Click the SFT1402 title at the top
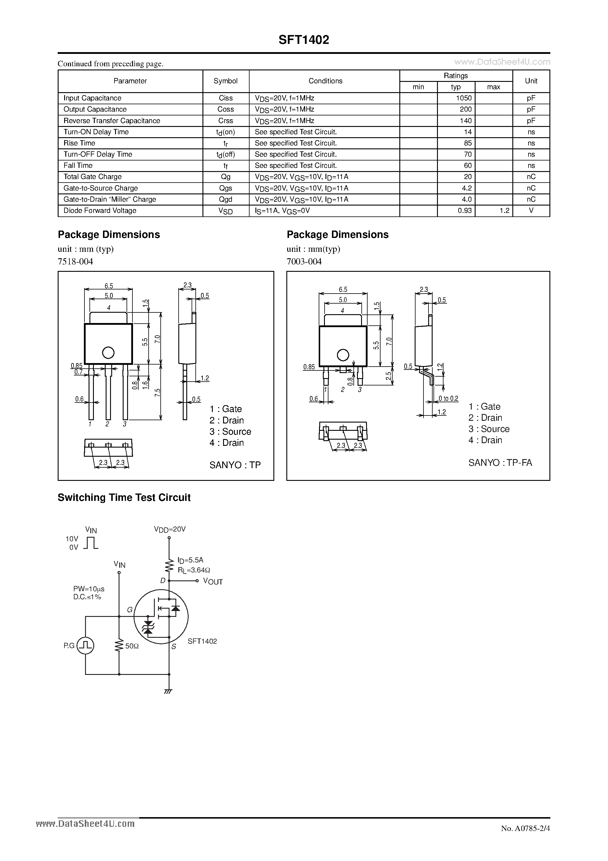pos(304,40)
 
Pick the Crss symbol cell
pos(226,121)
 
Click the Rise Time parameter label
pos(79,143)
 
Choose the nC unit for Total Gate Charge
pos(531,177)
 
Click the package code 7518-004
pos(75,261)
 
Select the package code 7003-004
pos(304,261)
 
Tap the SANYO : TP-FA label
pos(500,463)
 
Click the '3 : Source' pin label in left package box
pos(230,432)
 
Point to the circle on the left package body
pos(108,352)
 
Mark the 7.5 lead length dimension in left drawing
pos(157,393)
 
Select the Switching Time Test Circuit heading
pos(124,498)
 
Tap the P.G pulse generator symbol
pos(85,646)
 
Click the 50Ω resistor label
pos(132,646)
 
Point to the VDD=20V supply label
pos(170,529)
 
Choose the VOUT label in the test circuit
pos(213,582)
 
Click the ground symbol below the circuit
pos(169,691)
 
